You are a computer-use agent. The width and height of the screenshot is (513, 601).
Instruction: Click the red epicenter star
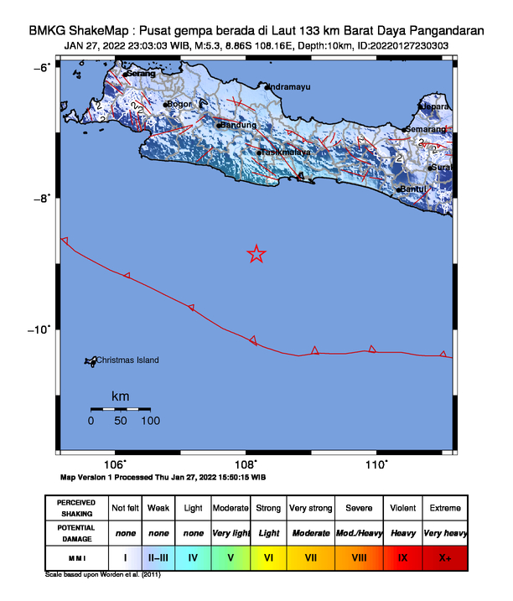256,254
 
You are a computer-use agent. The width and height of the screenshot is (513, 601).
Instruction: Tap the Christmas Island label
127,360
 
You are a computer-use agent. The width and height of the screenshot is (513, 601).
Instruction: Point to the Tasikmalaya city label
286,153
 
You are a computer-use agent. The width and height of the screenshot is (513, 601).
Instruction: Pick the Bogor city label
181,104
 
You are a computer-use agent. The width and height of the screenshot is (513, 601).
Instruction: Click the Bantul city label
414,189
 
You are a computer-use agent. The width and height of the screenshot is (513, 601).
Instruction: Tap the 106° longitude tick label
115,464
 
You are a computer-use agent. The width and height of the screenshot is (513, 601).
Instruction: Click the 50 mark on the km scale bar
120,421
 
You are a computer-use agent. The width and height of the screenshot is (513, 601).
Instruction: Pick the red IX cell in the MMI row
403,556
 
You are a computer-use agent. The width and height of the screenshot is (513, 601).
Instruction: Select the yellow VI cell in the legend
269,556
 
